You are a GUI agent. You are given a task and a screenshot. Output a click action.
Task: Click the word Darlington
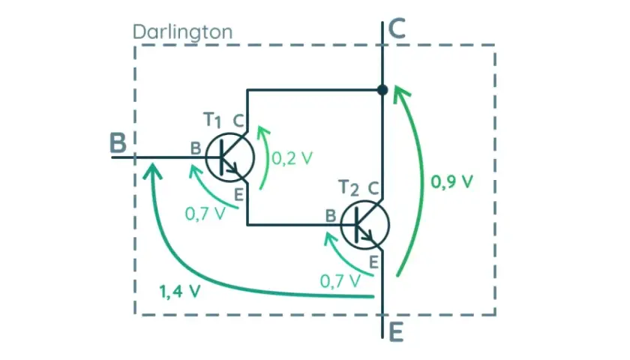(x=183, y=31)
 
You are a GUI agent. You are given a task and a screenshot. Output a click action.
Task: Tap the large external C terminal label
(x=397, y=28)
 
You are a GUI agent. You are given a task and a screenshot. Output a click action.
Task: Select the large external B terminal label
(x=118, y=143)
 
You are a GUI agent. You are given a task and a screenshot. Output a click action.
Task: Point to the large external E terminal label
(x=396, y=333)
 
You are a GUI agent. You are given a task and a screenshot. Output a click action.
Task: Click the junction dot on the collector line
(x=382, y=89)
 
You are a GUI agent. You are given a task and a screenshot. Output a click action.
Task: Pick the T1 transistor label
(x=212, y=120)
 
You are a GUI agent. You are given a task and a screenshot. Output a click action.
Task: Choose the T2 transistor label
(x=348, y=187)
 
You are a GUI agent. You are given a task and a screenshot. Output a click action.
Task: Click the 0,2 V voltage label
(x=292, y=158)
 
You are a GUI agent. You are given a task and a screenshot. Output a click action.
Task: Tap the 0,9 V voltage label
(x=452, y=181)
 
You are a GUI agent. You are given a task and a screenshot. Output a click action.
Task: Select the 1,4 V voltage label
(x=179, y=291)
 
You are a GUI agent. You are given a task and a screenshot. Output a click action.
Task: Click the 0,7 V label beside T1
(x=205, y=214)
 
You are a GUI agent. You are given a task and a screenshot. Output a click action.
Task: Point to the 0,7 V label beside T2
(x=340, y=280)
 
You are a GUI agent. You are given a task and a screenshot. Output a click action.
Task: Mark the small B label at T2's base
(x=330, y=216)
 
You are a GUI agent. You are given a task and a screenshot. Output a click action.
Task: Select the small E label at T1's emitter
(x=238, y=195)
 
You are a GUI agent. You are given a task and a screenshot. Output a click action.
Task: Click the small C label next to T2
(x=373, y=188)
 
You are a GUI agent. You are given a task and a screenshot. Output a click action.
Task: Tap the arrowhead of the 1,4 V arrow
(x=152, y=170)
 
